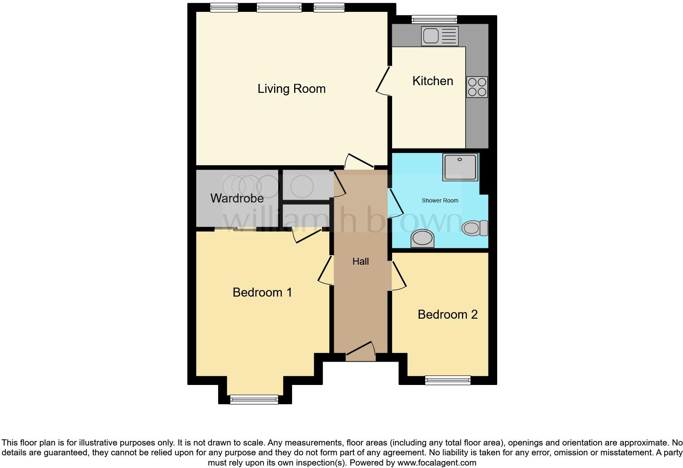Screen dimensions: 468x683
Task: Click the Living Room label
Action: [291, 89]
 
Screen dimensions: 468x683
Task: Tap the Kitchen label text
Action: [433, 81]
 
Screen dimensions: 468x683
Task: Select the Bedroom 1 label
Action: [262, 292]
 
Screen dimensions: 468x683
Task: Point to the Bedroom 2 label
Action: [447, 315]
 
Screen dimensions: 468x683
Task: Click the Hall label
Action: [361, 261]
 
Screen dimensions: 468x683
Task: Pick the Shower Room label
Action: [440, 200]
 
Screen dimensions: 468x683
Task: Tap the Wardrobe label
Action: [237, 198]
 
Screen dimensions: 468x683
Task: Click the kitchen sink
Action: [440, 36]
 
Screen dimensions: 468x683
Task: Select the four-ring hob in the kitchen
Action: [477, 87]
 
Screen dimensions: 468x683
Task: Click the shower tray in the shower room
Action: [460, 167]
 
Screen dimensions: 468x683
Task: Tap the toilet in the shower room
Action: [475, 228]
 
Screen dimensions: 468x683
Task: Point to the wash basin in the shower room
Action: [422, 238]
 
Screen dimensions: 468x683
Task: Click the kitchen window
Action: [434, 19]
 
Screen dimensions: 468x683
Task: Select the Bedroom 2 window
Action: [448, 380]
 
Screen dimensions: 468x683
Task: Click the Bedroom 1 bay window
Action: [254, 399]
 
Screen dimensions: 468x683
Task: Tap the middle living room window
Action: [279, 7]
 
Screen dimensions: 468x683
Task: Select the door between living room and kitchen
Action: [384, 81]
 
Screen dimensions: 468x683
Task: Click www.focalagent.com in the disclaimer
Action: [437, 463]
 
